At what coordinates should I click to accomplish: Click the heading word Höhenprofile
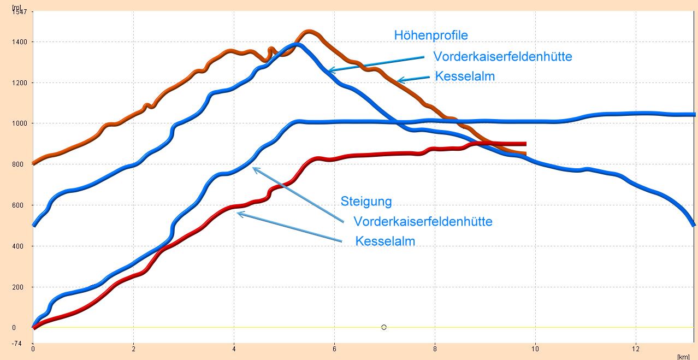click(x=431, y=36)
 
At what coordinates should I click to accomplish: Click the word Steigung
click(x=366, y=201)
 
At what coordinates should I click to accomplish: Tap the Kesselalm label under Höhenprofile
click(x=465, y=76)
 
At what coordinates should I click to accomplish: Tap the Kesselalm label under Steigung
click(x=385, y=241)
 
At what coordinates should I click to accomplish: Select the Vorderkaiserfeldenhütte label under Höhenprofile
click(x=502, y=56)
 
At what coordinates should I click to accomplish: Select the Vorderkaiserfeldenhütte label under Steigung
click(x=423, y=222)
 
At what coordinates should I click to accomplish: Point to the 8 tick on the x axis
click(x=435, y=348)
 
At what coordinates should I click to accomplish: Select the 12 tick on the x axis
click(x=636, y=348)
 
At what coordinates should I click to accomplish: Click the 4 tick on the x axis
click(x=234, y=348)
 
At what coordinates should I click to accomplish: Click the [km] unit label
click(x=683, y=356)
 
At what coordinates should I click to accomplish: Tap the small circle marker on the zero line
click(x=384, y=327)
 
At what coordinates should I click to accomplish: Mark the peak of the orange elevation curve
click(x=309, y=32)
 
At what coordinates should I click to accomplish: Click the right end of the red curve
click(x=525, y=144)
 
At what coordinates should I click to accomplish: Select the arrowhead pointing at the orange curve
click(x=399, y=81)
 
